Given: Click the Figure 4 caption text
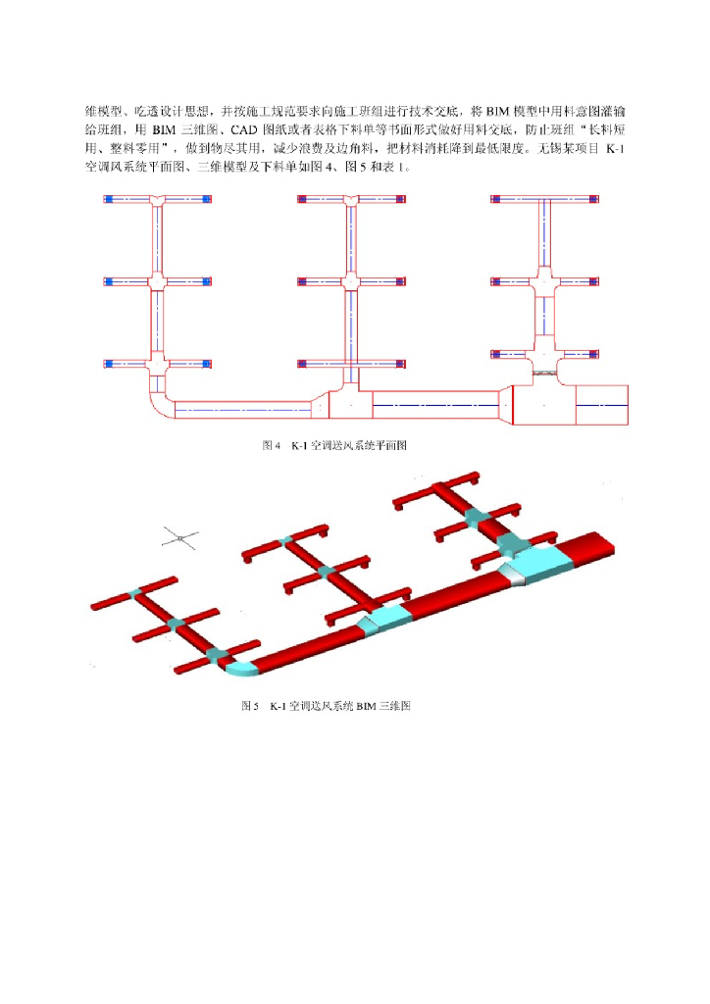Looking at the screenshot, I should click(334, 445).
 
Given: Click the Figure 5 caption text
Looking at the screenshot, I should click(326, 706).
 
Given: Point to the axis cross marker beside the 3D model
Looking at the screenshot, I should click(180, 537).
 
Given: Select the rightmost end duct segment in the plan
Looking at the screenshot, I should click(600, 405).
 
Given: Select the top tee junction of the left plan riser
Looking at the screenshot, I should click(157, 200).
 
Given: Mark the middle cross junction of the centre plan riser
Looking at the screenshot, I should click(349, 281).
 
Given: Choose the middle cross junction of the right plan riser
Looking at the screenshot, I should click(543, 282).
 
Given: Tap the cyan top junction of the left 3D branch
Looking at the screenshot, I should click(134, 594).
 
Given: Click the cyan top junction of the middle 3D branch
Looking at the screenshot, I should click(285, 540).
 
